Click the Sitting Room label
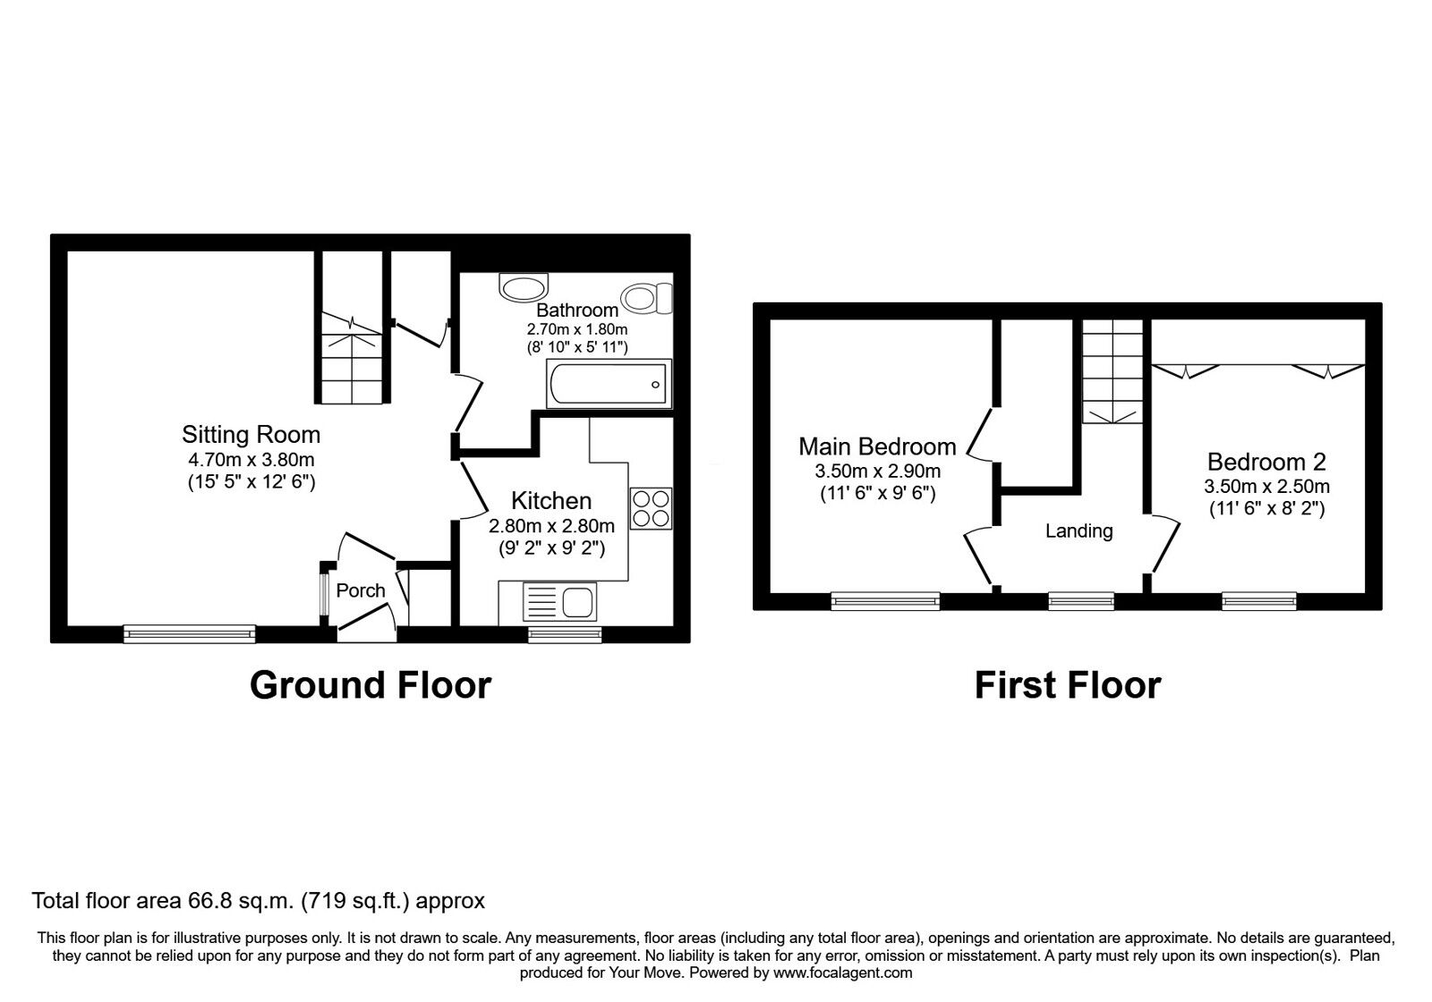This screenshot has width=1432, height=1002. point(251,435)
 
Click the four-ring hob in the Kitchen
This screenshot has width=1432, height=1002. point(651,508)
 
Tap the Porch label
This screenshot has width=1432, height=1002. point(361,590)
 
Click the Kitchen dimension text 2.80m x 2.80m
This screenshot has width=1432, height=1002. point(551,526)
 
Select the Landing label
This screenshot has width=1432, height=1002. point(1078,531)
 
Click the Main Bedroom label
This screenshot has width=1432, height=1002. point(877,446)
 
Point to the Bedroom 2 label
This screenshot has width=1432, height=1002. point(1266,463)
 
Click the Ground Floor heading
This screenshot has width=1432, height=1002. point(371,685)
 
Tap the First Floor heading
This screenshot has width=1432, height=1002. point(1067,685)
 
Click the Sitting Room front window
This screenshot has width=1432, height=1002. point(190,633)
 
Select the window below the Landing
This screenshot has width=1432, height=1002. point(1081,600)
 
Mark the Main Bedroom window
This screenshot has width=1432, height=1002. point(885,600)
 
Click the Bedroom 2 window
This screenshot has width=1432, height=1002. point(1259,600)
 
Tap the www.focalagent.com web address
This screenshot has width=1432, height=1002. point(842,972)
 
